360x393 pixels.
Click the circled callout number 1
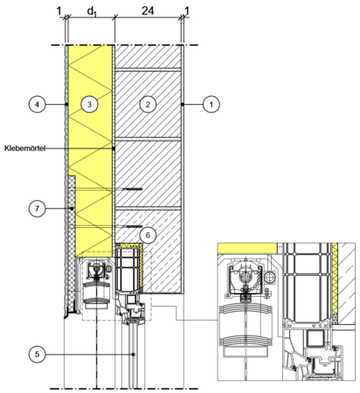211,104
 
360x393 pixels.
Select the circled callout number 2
148,104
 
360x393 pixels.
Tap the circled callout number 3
89,104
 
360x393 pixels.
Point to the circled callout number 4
38,104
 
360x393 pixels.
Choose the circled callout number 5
38,355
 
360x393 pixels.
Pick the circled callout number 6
148,235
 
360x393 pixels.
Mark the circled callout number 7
38,209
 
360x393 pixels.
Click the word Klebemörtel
25,148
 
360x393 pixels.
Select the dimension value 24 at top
148,11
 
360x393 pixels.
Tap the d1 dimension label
92,11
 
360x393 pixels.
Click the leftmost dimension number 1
59,11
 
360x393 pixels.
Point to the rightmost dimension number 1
187,11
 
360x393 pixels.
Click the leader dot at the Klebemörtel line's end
114,148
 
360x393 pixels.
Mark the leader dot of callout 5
133,355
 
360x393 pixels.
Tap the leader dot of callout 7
71,209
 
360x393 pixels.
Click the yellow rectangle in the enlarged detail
247,248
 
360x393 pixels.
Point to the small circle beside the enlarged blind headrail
270,277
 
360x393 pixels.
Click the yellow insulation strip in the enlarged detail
335,278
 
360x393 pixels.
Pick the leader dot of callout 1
183,104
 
